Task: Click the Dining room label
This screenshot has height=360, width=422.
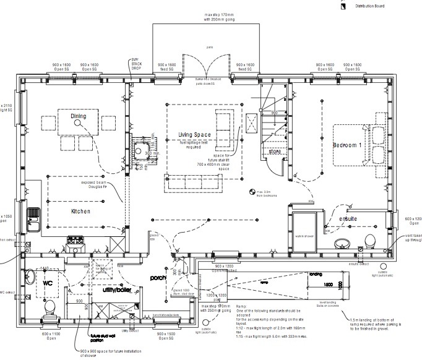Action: [78, 116]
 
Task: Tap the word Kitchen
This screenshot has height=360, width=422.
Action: [80, 212]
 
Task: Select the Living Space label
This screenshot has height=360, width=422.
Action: [195, 135]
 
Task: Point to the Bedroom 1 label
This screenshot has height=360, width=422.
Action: [347, 145]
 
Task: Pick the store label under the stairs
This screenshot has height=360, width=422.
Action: [274, 151]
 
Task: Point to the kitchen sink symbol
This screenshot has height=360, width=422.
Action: [33, 216]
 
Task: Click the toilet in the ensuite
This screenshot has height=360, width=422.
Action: [370, 240]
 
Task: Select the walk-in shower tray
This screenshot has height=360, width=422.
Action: [304, 232]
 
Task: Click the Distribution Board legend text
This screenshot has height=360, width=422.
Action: [369, 6]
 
